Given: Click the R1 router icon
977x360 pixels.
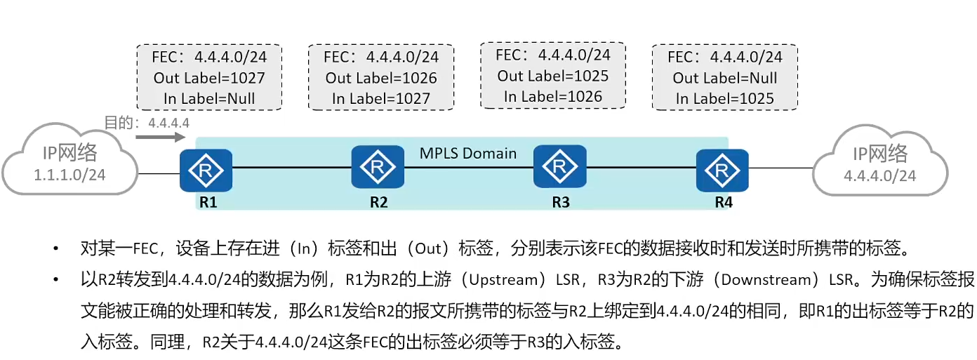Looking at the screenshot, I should coord(206,170).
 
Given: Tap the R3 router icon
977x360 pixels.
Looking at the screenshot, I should coord(559,167).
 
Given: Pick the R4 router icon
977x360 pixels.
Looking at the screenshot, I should coord(722,170).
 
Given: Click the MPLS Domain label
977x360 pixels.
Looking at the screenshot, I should coord(468,153).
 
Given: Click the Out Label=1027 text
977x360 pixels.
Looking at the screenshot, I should coord(209,78).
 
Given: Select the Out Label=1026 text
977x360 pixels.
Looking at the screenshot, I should coord(381,78).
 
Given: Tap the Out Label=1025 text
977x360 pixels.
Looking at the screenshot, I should coord(553,76).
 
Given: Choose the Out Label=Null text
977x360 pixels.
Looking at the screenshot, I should coord(725,78).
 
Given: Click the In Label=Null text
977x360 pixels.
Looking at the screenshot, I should coord(209,99).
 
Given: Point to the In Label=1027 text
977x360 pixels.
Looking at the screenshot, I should coord(381,99).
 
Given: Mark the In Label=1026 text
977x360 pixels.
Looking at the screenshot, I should coord(553,97).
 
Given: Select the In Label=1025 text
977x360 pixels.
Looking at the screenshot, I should coord(725,99).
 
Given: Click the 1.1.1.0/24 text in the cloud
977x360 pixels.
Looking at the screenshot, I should coord(69,175).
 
